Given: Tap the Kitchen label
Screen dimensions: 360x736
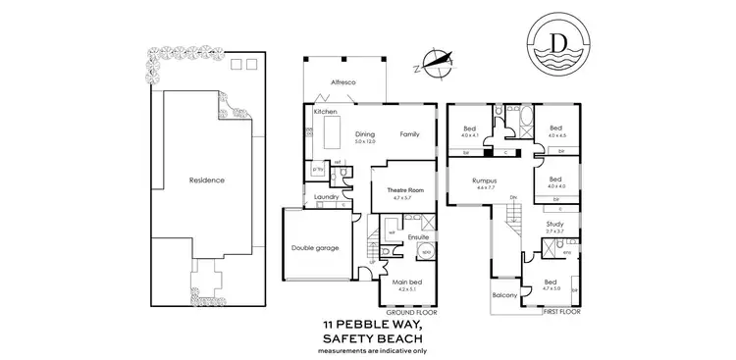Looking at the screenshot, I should (326, 112).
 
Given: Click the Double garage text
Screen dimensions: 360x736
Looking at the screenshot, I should (315, 248).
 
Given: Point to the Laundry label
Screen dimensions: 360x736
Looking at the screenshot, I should (327, 196).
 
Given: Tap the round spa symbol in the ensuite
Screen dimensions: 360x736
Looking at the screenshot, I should (426, 252).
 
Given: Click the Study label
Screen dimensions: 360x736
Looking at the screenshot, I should (553, 224).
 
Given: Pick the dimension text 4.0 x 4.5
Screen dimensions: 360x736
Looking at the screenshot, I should (555, 135).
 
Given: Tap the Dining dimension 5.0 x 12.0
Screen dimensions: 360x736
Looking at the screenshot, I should (366, 142).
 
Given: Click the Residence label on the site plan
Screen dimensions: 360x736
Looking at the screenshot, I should (207, 180).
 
